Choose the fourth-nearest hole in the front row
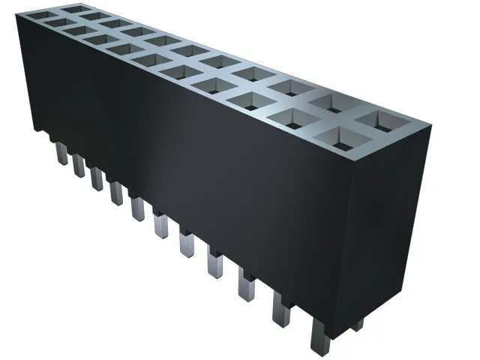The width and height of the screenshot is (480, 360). coord(220,85)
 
